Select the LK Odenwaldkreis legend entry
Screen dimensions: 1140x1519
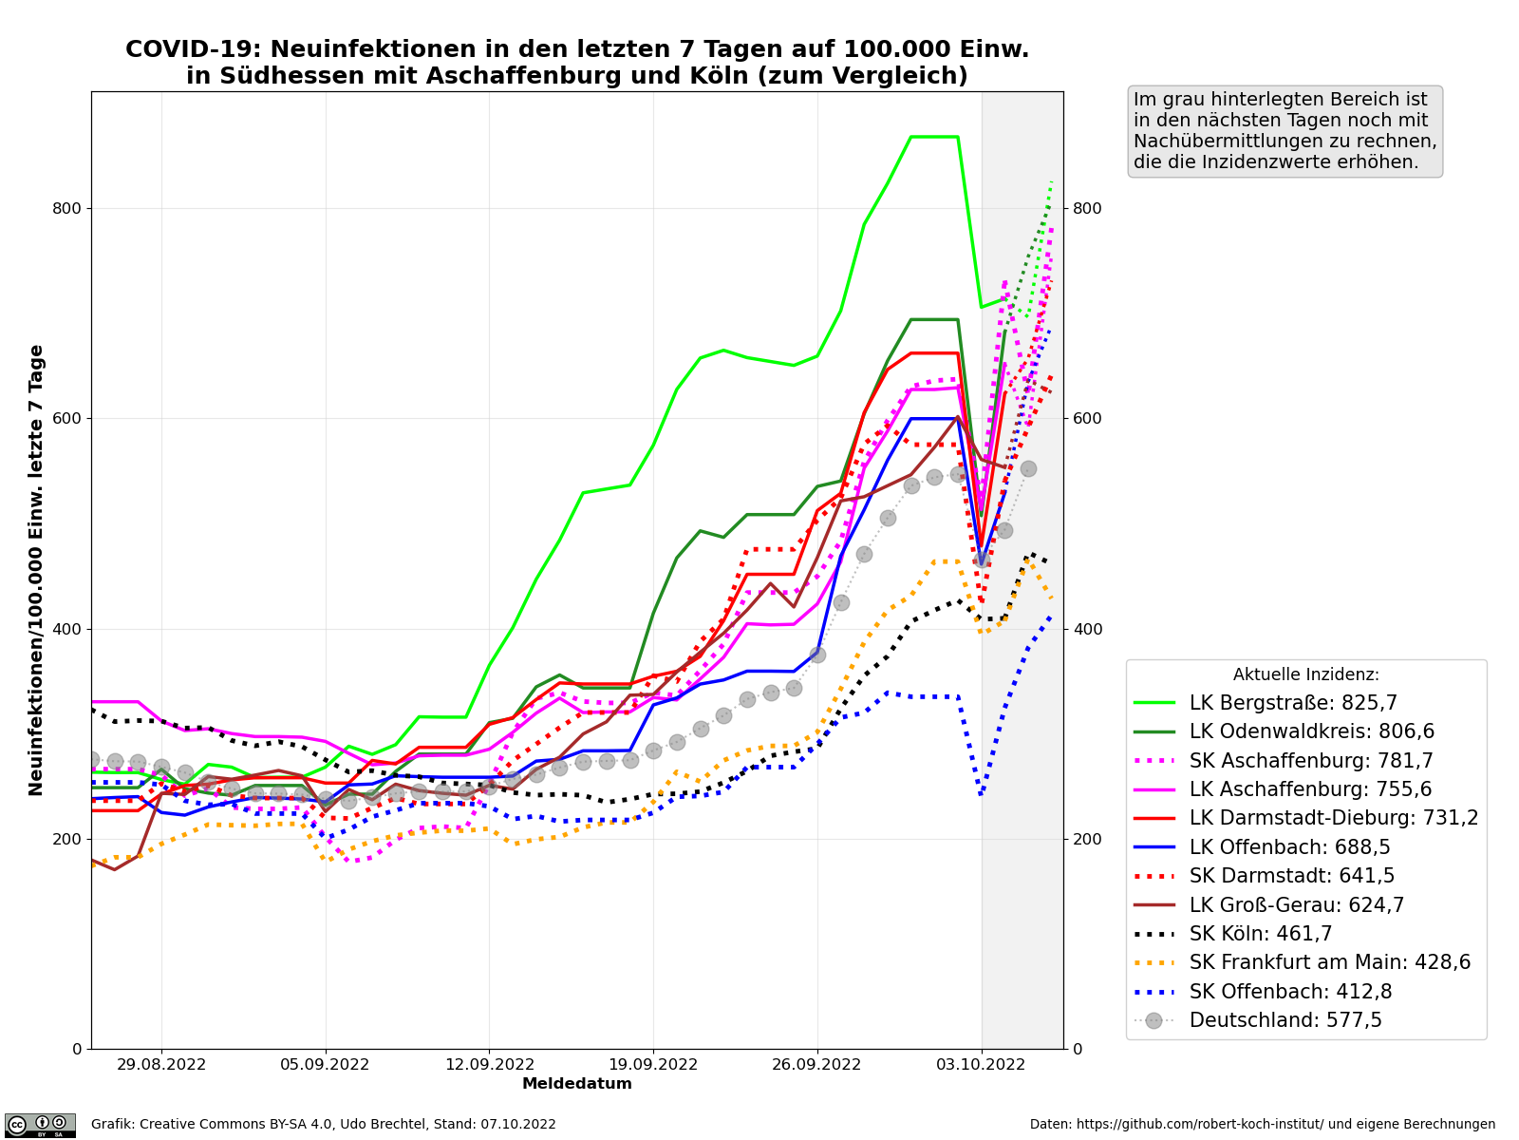(x=1311, y=732)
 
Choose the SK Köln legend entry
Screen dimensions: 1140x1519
(x=1261, y=934)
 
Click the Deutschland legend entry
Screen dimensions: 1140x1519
(x=1285, y=1020)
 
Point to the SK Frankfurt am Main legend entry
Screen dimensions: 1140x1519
(x=1329, y=962)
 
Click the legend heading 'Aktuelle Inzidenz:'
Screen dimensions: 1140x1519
(x=1305, y=674)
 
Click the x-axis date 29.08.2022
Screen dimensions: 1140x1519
(x=161, y=1065)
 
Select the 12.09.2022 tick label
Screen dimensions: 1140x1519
(x=489, y=1065)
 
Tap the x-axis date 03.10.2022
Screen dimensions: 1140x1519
(x=981, y=1065)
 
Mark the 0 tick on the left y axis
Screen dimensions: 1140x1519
(x=78, y=1050)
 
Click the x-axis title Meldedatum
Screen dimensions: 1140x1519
(x=576, y=1084)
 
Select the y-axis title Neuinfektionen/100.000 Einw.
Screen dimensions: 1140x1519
(x=37, y=570)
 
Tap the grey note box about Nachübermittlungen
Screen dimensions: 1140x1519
(x=1285, y=131)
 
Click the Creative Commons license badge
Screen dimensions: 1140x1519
(x=40, y=1125)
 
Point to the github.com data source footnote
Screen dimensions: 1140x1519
(x=1262, y=1125)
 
